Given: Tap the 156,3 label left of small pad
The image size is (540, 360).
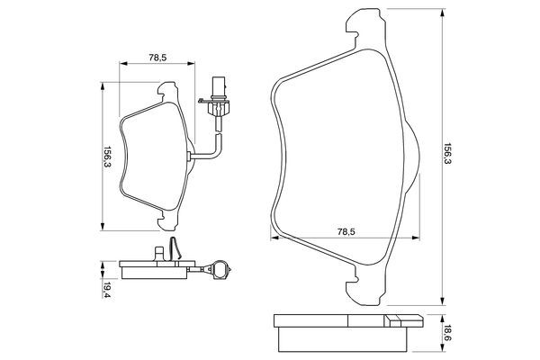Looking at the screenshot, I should pyautogui.click(x=108, y=154).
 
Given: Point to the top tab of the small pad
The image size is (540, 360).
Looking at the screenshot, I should pyautogui.click(x=166, y=90).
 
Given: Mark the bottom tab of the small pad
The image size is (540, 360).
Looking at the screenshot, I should pyautogui.click(x=166, y=217).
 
